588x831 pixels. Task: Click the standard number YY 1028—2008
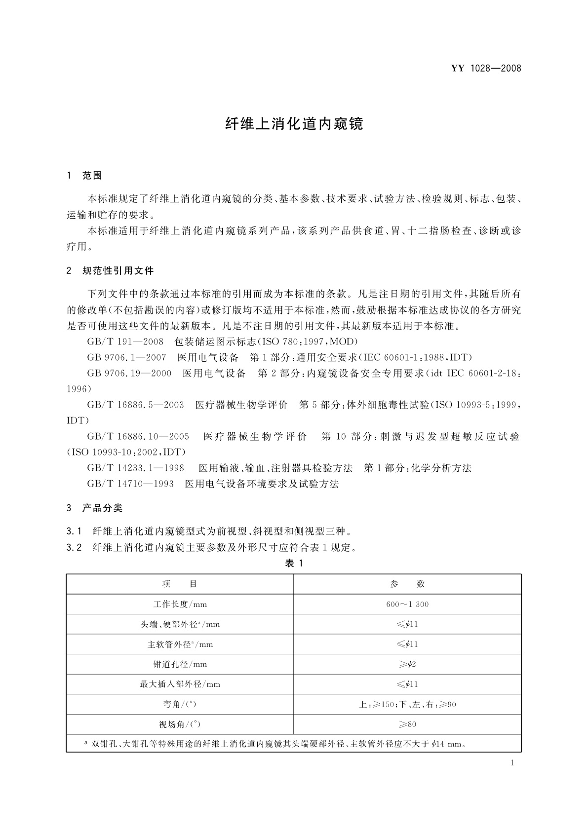click(486, 69)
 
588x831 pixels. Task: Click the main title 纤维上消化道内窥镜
click(294, 124)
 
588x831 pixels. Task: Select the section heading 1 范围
click(84, 175)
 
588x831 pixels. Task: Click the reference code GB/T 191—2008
click(125, 341)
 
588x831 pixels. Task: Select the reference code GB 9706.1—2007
click(126, 357)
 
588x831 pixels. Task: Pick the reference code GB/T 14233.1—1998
click(135, 468)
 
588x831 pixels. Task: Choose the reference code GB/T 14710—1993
click(130, 484)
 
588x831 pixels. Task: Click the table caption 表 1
click(294, 564)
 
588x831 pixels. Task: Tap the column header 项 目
click(180, 584)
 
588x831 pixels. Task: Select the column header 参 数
click(407, 584)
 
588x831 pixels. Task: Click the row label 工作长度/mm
click(180, 604)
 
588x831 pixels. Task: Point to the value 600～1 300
click(407, 604)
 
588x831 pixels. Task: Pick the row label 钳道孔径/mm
click(180, 664)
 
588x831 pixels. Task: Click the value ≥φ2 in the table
click(407, 664)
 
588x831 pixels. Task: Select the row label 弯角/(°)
click(180, 704)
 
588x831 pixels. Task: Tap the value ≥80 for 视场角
click(407, 724)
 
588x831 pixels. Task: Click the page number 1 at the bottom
click(512, 763)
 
